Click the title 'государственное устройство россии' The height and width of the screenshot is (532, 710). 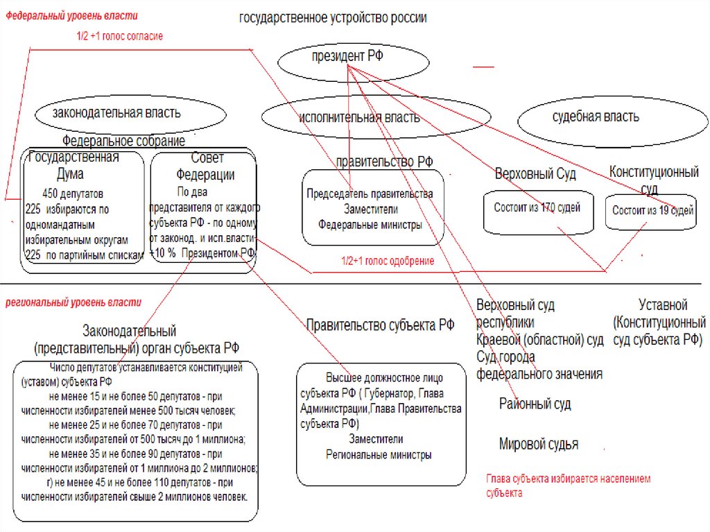(333, 18)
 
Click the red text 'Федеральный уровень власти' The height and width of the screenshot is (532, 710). (72, 16)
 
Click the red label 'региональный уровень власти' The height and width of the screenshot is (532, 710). (73, 302)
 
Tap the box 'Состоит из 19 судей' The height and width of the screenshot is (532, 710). (653, 212)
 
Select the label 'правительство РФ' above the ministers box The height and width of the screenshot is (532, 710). (384, 162)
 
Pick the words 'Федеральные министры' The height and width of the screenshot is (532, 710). (370, 224)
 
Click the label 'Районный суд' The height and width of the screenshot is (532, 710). (535, 404)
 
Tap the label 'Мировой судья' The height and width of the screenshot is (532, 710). (538, 444)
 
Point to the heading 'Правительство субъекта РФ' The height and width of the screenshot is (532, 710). (380, 325)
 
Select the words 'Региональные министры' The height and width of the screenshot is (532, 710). (379, 455)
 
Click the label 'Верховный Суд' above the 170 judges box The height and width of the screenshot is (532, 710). (535, 173)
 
